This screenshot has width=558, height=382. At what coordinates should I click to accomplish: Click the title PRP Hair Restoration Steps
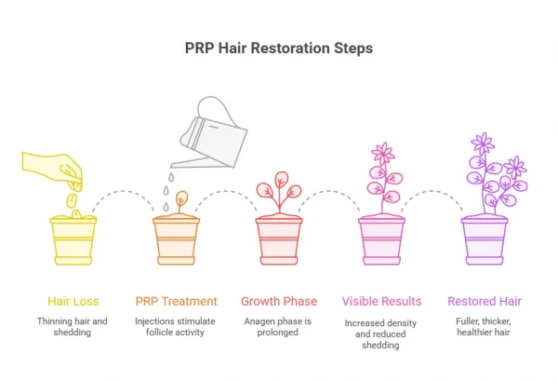(279, 47)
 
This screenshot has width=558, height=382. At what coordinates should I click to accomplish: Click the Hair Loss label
(73, 301)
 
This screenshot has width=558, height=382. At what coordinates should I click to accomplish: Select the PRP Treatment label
(177, 301)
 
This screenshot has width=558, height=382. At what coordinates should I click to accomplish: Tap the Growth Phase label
(279, 301)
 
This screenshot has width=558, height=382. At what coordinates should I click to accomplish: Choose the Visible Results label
(381, 301)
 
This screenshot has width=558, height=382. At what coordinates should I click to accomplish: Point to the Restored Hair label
(485, 301)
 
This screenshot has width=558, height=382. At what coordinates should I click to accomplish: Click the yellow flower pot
(73, 239)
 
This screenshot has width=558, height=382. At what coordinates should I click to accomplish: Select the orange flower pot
(177, 239)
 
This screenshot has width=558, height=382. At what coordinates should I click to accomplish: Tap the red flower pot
(279, 239)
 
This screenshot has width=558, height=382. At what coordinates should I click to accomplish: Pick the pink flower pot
(381, 239)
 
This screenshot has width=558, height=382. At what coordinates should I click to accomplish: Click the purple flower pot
(485, 239)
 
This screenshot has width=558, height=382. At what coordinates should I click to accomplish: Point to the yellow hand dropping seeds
(56, 168)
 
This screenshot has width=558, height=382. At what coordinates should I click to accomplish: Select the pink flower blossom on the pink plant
(381, 154)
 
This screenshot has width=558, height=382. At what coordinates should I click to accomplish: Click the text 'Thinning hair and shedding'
(73, 327)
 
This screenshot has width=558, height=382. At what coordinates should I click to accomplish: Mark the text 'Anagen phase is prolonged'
(279, 327)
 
